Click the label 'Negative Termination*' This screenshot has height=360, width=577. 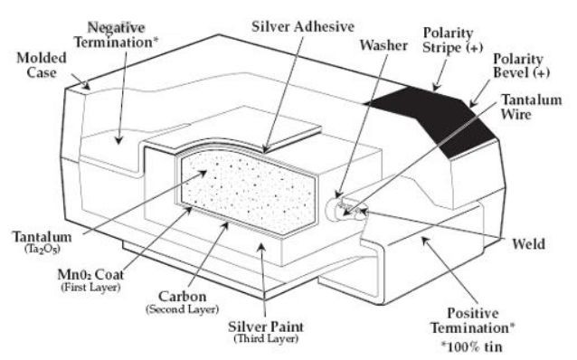116,35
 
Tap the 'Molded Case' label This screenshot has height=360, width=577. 42,65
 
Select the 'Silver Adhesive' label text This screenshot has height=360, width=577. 303,26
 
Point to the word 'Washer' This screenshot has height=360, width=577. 383,45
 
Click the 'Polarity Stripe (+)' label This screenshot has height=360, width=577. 452,40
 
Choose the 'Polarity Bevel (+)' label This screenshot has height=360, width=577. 521,65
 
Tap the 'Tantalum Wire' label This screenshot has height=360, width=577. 531,107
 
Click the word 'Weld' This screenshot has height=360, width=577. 528,243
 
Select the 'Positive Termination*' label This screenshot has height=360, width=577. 473,320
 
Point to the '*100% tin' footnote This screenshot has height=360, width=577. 472,346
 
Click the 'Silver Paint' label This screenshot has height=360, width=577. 266,327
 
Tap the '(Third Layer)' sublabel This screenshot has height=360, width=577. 266,338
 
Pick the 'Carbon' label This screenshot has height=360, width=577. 182,297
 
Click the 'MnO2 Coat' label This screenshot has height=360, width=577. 90,275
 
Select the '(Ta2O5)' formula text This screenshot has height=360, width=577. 43,250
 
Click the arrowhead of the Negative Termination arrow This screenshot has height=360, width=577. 118,140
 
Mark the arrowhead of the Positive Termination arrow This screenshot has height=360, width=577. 425,241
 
